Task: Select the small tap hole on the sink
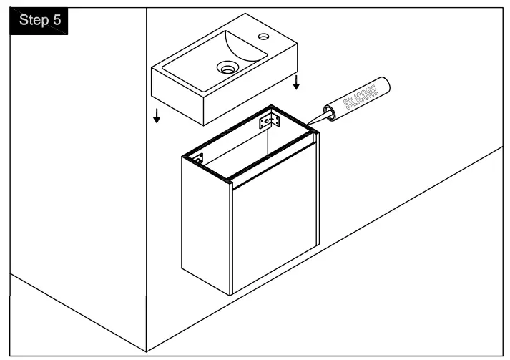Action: [x=264, y=35]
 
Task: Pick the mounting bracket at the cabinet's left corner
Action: [x=200, y=159]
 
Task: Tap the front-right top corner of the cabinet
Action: [x=317, y=135]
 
